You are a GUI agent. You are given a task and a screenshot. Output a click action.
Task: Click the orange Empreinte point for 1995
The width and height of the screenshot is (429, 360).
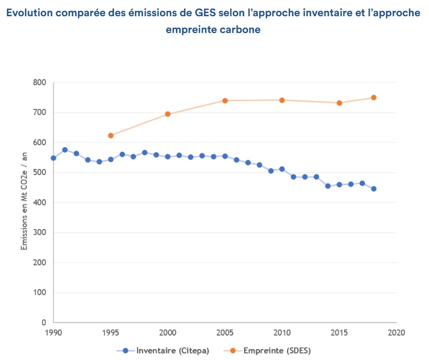[x=110, y=135]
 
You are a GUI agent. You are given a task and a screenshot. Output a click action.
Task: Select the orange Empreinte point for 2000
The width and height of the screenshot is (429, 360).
[x=167, y=114]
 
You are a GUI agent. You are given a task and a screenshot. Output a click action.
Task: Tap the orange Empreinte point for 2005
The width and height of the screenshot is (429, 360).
[x=225, y=101]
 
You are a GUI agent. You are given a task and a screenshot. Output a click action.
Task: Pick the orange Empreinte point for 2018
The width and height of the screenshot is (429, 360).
[x=374, y=97]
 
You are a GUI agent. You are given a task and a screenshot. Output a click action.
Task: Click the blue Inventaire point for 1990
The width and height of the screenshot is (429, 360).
[x=53, y=158]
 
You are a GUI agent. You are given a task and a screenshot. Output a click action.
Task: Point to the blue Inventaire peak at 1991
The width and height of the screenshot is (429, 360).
[x=65, y=150]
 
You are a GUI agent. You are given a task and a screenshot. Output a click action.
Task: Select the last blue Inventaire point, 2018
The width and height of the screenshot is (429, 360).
[x=374, y=189]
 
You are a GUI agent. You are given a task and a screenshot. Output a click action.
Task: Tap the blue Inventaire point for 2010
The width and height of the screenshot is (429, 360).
[x=282, y=169]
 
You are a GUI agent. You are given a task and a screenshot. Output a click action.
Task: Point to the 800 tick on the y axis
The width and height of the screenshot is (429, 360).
[x=39, y=83]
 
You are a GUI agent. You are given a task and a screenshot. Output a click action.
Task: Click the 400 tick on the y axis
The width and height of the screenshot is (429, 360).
[x=39, y=203]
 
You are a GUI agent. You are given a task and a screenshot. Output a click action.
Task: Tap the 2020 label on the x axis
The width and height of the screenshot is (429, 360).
[x=396, y=332]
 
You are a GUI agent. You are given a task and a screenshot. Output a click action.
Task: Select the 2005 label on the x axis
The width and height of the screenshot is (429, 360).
[x=225, y=332]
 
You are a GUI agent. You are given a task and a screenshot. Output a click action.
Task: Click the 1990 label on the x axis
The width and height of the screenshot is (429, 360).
[x=53, y=332]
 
